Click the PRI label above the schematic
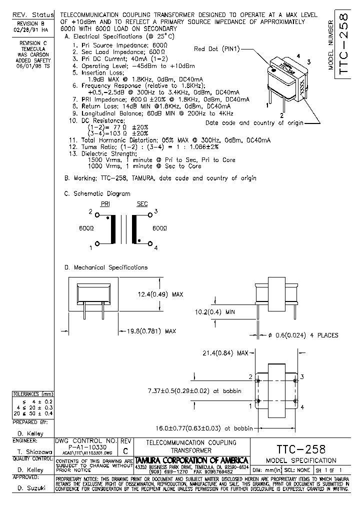tap(105, 204)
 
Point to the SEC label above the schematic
tap(142, 204)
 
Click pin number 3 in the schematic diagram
tap(156, 212)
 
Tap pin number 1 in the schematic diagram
tap(90, 247)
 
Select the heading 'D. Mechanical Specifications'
tap(106, 267)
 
